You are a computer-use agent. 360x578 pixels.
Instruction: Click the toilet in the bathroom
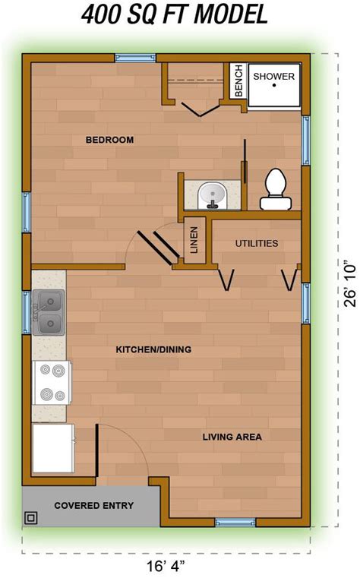pos(276,189)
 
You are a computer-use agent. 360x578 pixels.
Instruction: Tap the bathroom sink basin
pos(212,196)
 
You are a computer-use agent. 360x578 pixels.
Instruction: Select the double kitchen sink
pos(49,312)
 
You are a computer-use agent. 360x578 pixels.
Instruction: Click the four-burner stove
pos(52,383)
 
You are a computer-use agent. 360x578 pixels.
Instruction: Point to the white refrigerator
pos(53,448)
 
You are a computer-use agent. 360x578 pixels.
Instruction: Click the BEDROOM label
pos(109,140)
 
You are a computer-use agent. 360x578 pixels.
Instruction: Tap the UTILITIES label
pos(257,243)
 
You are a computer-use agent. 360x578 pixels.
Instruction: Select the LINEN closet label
pos(194,239)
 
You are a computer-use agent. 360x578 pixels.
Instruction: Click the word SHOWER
pos(273,77)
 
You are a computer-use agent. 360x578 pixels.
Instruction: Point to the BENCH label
pos(238,81)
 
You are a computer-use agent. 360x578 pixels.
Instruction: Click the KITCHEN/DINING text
pos(153,349)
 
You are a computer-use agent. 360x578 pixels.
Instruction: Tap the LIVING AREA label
pos(232,437)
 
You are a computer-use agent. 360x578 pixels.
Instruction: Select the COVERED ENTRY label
pos(94,505)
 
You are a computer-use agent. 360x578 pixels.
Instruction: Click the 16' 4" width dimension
pos(166,566)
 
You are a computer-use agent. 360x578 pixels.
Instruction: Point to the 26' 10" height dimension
pos(350,285)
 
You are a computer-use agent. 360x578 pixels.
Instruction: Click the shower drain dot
pos(274,86)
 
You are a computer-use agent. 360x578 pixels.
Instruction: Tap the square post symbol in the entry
pos(31,518)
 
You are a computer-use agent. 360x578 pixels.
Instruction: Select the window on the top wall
pos(135,58)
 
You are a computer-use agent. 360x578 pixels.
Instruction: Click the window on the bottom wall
pos(235,523)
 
